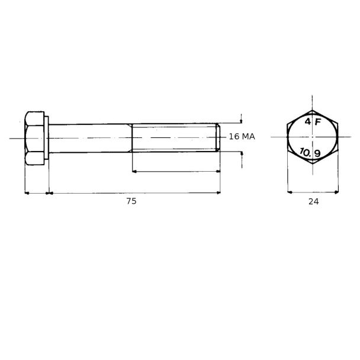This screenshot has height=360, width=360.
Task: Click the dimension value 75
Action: tap(131, 201)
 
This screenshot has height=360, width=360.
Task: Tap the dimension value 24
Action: tap(314, 201)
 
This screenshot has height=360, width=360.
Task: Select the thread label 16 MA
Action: tap(242, 137)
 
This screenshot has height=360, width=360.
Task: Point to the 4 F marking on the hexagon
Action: tap(313, 121)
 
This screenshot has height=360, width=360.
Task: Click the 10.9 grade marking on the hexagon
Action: tap(310, 153)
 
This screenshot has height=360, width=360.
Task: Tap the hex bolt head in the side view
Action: tap(34, 138)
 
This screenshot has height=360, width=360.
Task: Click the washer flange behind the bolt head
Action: tap(46, 138)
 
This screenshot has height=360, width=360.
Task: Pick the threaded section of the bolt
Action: tap(174, 138)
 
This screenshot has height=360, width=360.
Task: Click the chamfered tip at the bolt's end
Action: tap(218, 137)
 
